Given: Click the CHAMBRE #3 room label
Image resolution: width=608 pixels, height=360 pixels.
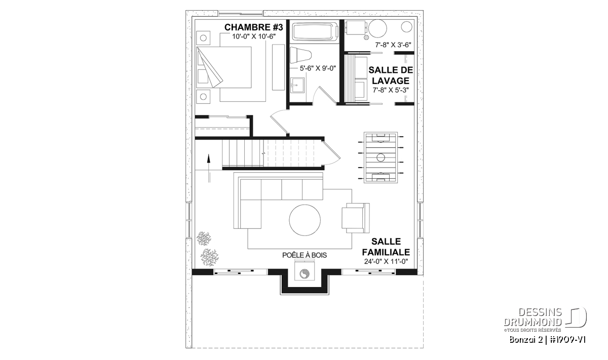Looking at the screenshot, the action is (253, 27).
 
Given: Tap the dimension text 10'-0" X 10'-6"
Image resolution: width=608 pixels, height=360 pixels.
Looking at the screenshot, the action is (254, 36).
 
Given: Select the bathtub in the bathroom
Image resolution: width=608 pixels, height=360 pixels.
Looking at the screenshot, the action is (314, 33).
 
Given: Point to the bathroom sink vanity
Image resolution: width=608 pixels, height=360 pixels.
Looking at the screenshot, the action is (297, 85).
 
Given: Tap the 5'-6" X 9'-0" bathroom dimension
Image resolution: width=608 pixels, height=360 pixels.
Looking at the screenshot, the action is (318, 68).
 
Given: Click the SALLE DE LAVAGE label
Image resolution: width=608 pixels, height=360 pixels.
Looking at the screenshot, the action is (391, 75).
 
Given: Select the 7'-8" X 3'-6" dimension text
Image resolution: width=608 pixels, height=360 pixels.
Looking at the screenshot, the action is (393, 45).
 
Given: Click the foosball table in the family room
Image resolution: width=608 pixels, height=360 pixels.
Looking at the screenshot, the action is (381, 157).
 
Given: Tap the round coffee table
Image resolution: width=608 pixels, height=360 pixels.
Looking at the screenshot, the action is (305, 220).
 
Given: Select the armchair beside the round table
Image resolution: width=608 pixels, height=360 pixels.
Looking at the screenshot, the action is (356, 218).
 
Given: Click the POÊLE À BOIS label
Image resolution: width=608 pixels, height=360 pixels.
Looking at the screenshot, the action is (305, 255).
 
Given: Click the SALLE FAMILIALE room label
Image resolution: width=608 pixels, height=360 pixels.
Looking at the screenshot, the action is (386, 247).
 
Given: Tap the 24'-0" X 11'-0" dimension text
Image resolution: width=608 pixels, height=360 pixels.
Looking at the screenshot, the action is (386, 262).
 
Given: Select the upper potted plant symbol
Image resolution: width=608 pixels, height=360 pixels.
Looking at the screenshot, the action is (204, 238).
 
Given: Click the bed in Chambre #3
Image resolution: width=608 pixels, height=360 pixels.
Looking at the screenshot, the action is (223, 67).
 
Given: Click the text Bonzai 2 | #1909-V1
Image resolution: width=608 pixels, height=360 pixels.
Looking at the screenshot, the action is (547, 340).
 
